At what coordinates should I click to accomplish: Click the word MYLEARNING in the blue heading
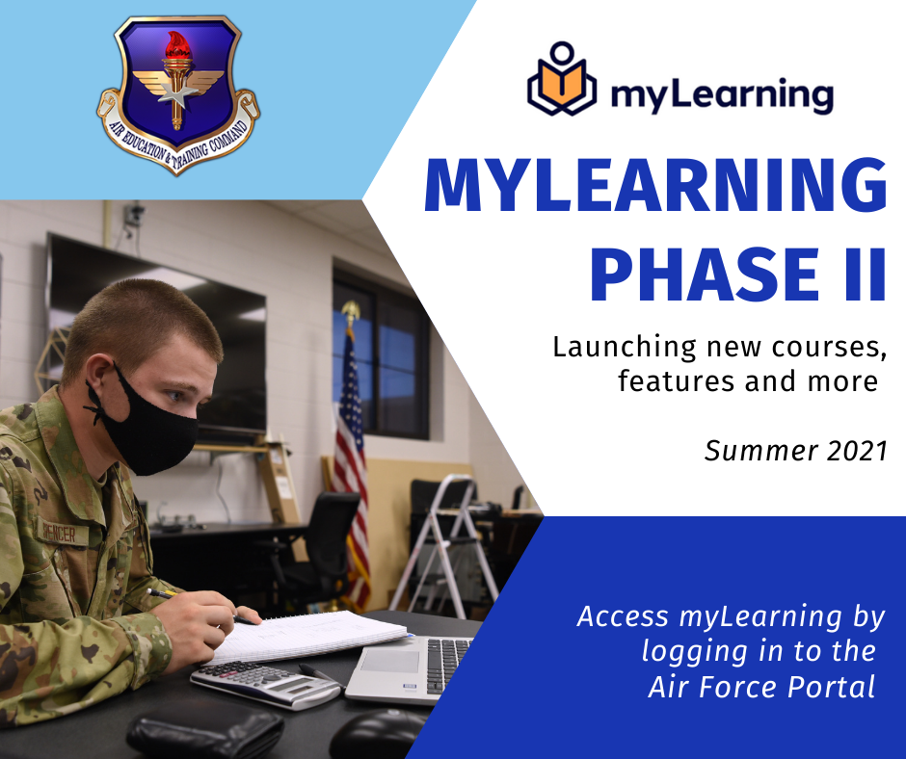(x=654, y=187)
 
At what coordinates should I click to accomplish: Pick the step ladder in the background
(x=449, y=549)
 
